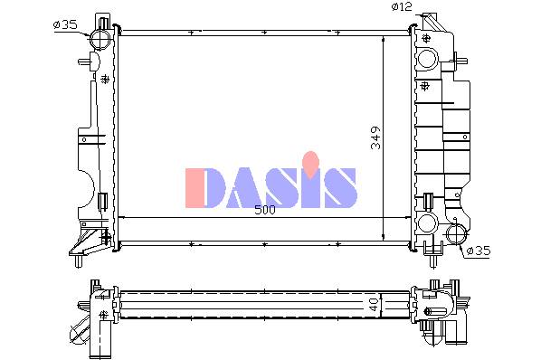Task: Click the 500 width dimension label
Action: coord(265,210)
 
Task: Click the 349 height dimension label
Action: coord(375,137)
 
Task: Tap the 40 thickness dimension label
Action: coord(374,305)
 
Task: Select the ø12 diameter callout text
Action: coord(402,6)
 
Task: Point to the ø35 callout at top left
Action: coord(65,24)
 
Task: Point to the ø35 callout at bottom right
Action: coord(479,251)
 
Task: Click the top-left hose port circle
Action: coord(100,39)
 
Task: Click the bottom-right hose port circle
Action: coord(456,234)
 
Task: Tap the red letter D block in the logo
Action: coord(195,188)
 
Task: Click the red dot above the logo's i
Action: coord(311,162)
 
